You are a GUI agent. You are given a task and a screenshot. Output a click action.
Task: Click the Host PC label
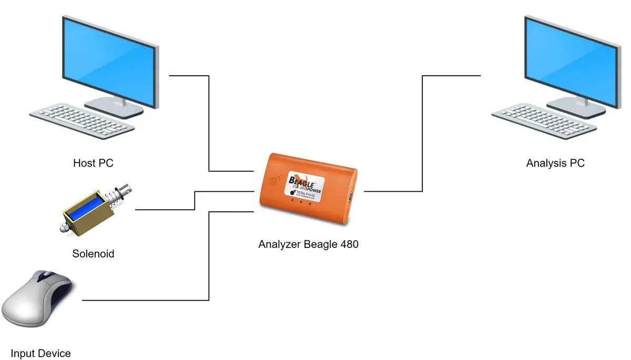[x=93, y=163]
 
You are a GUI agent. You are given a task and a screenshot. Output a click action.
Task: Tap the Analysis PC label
[x=555, y=163]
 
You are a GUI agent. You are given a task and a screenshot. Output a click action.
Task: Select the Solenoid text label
[x=93, y=254]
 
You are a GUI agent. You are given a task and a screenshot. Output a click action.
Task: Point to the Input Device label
[x=40, y=353]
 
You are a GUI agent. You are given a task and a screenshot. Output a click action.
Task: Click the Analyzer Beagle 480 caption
[x=308, y=244]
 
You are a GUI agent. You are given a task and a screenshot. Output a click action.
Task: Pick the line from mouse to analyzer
[x=209, y=258]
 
